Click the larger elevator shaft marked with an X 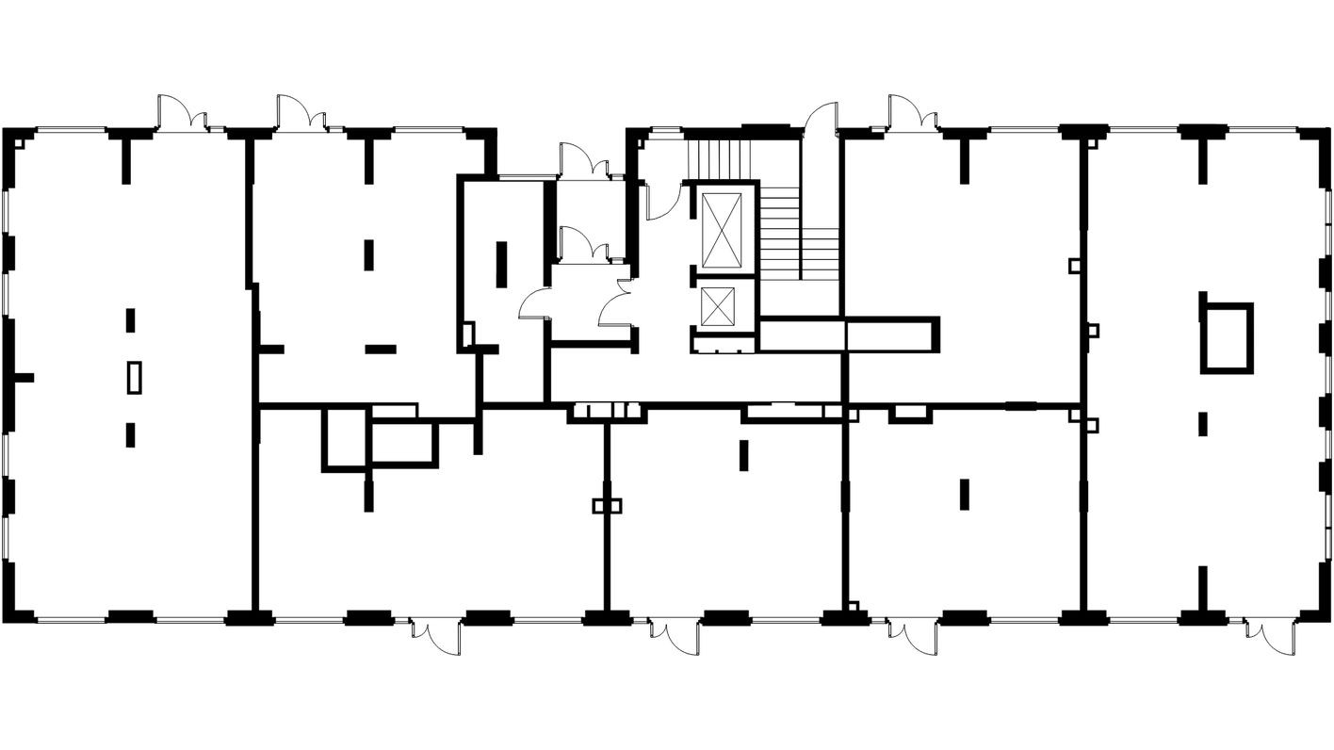tap(723, 230)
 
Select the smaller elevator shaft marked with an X tap(718, 307)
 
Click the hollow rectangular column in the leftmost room tap(136, 377)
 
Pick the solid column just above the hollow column tap(130, 319)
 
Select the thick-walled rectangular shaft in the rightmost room tap(1227, 336)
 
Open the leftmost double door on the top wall tap(182, 113)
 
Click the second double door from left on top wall tap(301, 113)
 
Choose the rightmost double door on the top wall tap(912, 113)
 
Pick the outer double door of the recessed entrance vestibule tap(584, 162)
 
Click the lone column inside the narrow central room tap(501, 266)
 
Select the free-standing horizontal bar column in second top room tap(381, 349)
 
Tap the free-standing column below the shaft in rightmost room tap(1203, 423)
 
